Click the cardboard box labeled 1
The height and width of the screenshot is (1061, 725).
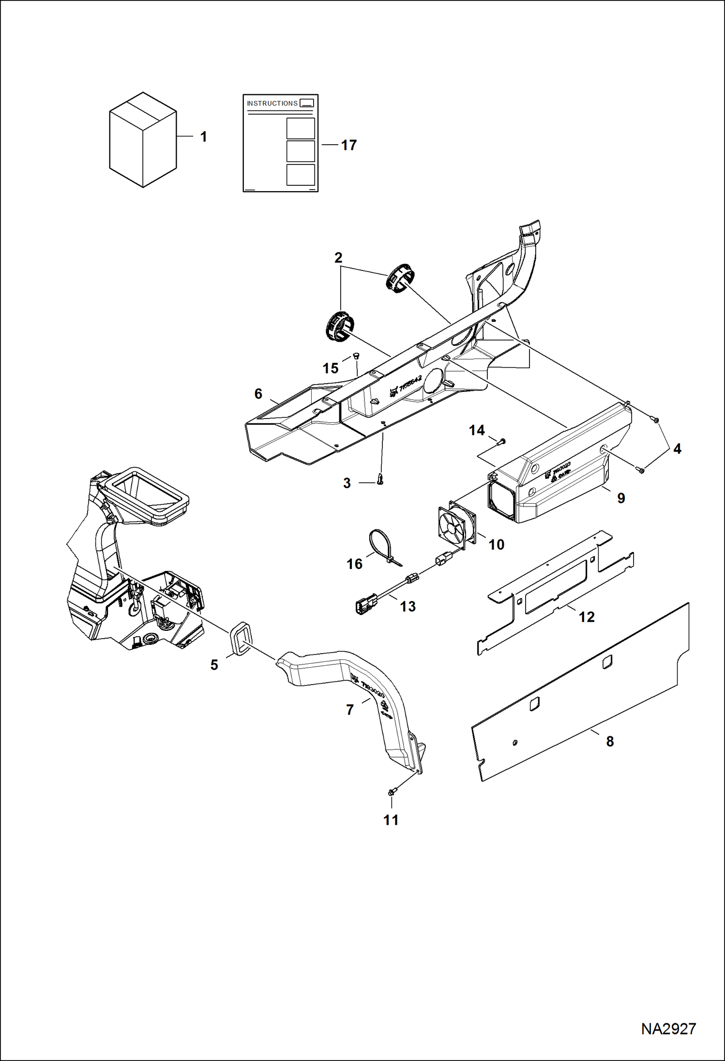pos(143,140)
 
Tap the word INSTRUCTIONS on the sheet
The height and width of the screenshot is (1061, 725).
pos(272,104)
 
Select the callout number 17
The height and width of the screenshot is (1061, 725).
pos(348,145)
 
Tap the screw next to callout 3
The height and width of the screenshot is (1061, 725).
pos(380,479)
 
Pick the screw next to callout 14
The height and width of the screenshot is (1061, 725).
pos(501,441)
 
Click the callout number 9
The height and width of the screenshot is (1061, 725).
pos(621,498)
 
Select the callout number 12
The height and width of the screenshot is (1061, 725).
pos(587,617)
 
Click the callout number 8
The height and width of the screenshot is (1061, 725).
pos(610,741)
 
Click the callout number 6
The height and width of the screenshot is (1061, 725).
pos(258,394)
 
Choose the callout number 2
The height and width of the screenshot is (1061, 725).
pos(338,257)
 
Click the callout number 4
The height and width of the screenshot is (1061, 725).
pos(677,449)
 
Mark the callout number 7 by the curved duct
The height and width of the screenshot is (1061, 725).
pos(350,710)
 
